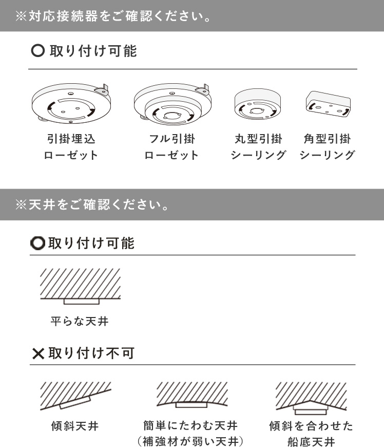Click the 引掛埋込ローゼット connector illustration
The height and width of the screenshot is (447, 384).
(x=71, y=103)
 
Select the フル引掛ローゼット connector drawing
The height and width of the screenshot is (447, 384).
(x=172, y=104)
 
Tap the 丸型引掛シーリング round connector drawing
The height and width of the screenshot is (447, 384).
(x=258, y=104)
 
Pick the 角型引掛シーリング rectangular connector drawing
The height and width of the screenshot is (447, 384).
(x=328, y=104)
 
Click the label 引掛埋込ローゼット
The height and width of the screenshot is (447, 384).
(x=71, y=147)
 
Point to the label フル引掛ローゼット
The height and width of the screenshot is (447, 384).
(x=172, y=147)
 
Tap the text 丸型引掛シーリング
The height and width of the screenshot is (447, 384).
(x=258, y=147)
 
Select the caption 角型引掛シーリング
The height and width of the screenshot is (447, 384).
(x=328, y=147)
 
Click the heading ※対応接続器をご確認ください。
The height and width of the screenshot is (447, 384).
(x=113, y=16)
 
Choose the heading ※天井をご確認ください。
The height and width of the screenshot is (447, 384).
(x=92, y=204)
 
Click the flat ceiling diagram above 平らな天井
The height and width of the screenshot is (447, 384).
(x=80, y=286)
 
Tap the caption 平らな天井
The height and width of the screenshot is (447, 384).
(x=80, y=321)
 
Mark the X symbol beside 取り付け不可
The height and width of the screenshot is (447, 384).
(x=38, y=354)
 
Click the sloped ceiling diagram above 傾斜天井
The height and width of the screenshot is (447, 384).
(x=75, y=396)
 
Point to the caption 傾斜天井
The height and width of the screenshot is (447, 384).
(x=75, y=426)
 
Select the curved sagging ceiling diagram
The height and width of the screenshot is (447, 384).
(x=192, y=395)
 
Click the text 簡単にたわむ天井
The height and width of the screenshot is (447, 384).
(x=190, y=425)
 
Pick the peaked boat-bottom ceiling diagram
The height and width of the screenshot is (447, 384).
(x=311, y=398)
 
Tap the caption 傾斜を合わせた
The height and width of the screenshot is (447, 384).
(x=311, y=426)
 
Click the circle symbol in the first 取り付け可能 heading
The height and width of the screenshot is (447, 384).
(x=38, y=51)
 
